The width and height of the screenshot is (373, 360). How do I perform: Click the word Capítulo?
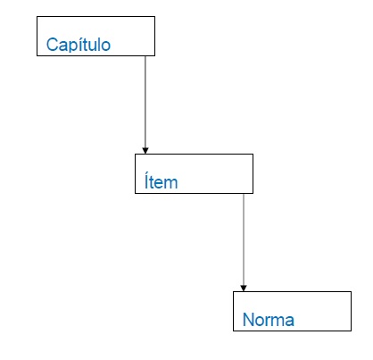pos(79,45)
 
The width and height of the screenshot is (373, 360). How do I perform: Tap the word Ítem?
pos(161,180)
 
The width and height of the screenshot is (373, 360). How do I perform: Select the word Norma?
pos(269,320)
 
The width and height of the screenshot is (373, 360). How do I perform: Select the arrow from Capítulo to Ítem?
pos(145,105)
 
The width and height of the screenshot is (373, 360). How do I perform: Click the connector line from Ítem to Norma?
pos(244,242)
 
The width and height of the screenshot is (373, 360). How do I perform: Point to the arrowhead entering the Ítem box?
pos(145,151)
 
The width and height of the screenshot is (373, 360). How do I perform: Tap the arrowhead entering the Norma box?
pos(244,289)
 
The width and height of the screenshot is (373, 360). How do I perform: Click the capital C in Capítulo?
pos(52,45)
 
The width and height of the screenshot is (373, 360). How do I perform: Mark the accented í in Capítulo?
pos(79,44)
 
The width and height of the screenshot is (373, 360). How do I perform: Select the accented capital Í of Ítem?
pos(146,180)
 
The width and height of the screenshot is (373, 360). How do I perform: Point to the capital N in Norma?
pos(248,320)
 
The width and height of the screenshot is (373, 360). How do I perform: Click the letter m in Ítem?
pos(172,184)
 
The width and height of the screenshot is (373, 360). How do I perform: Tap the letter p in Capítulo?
pos(72,47)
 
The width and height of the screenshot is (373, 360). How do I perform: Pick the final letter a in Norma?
pos(289,322)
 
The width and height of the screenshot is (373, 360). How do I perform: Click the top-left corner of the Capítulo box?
pos(37,16)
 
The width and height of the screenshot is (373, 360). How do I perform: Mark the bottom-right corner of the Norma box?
pos(352,331)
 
